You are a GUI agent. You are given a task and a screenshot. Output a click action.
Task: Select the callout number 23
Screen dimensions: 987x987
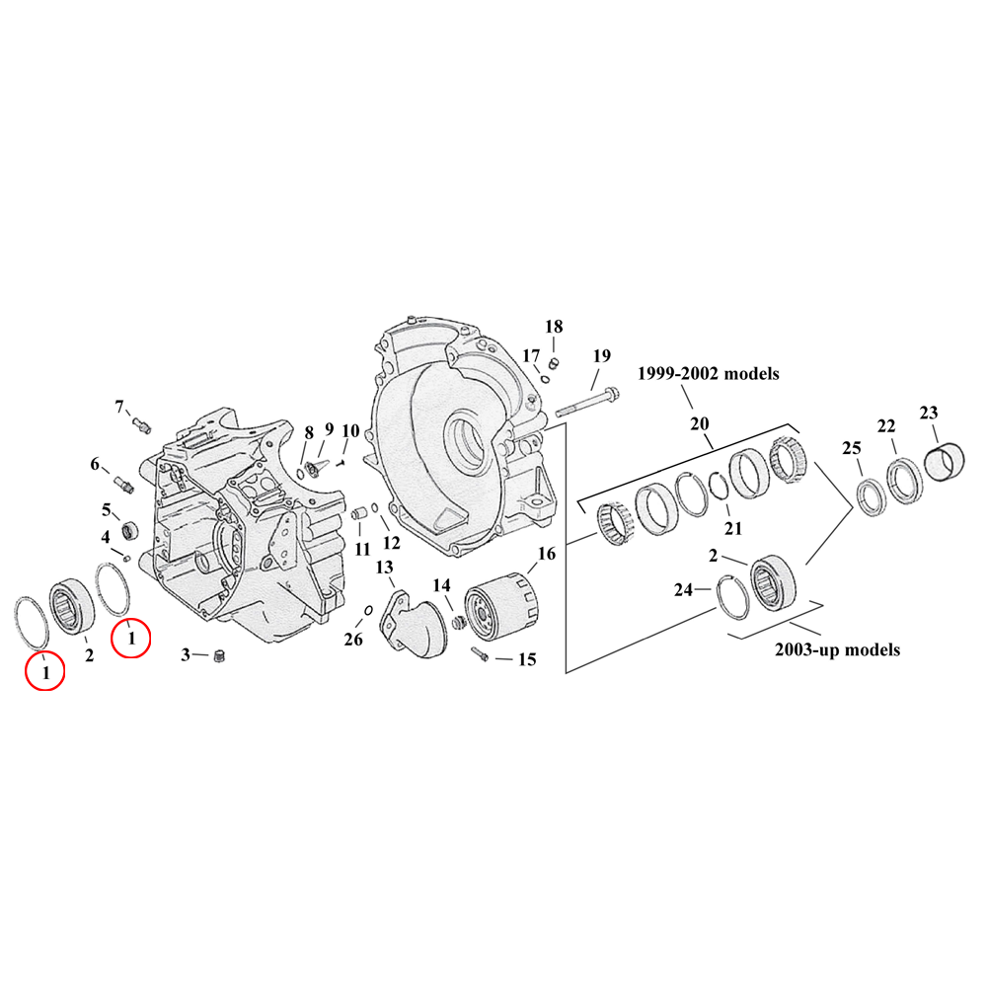[929, 413]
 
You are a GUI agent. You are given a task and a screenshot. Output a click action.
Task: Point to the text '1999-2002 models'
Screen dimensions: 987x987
[709, 374]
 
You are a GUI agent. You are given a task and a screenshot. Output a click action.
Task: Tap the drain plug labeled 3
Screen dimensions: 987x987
[220, 658]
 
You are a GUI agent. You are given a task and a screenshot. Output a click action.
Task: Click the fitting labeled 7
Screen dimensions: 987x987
[142, 424]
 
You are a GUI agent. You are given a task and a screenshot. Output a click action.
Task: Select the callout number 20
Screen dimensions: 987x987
[700, 423]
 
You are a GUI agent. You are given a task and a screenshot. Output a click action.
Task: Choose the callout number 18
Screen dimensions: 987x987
[554, 327]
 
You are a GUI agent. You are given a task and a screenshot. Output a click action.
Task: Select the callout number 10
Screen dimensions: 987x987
[350, 430]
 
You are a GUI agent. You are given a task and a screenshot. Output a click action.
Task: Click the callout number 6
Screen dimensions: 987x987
[96, 464]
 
